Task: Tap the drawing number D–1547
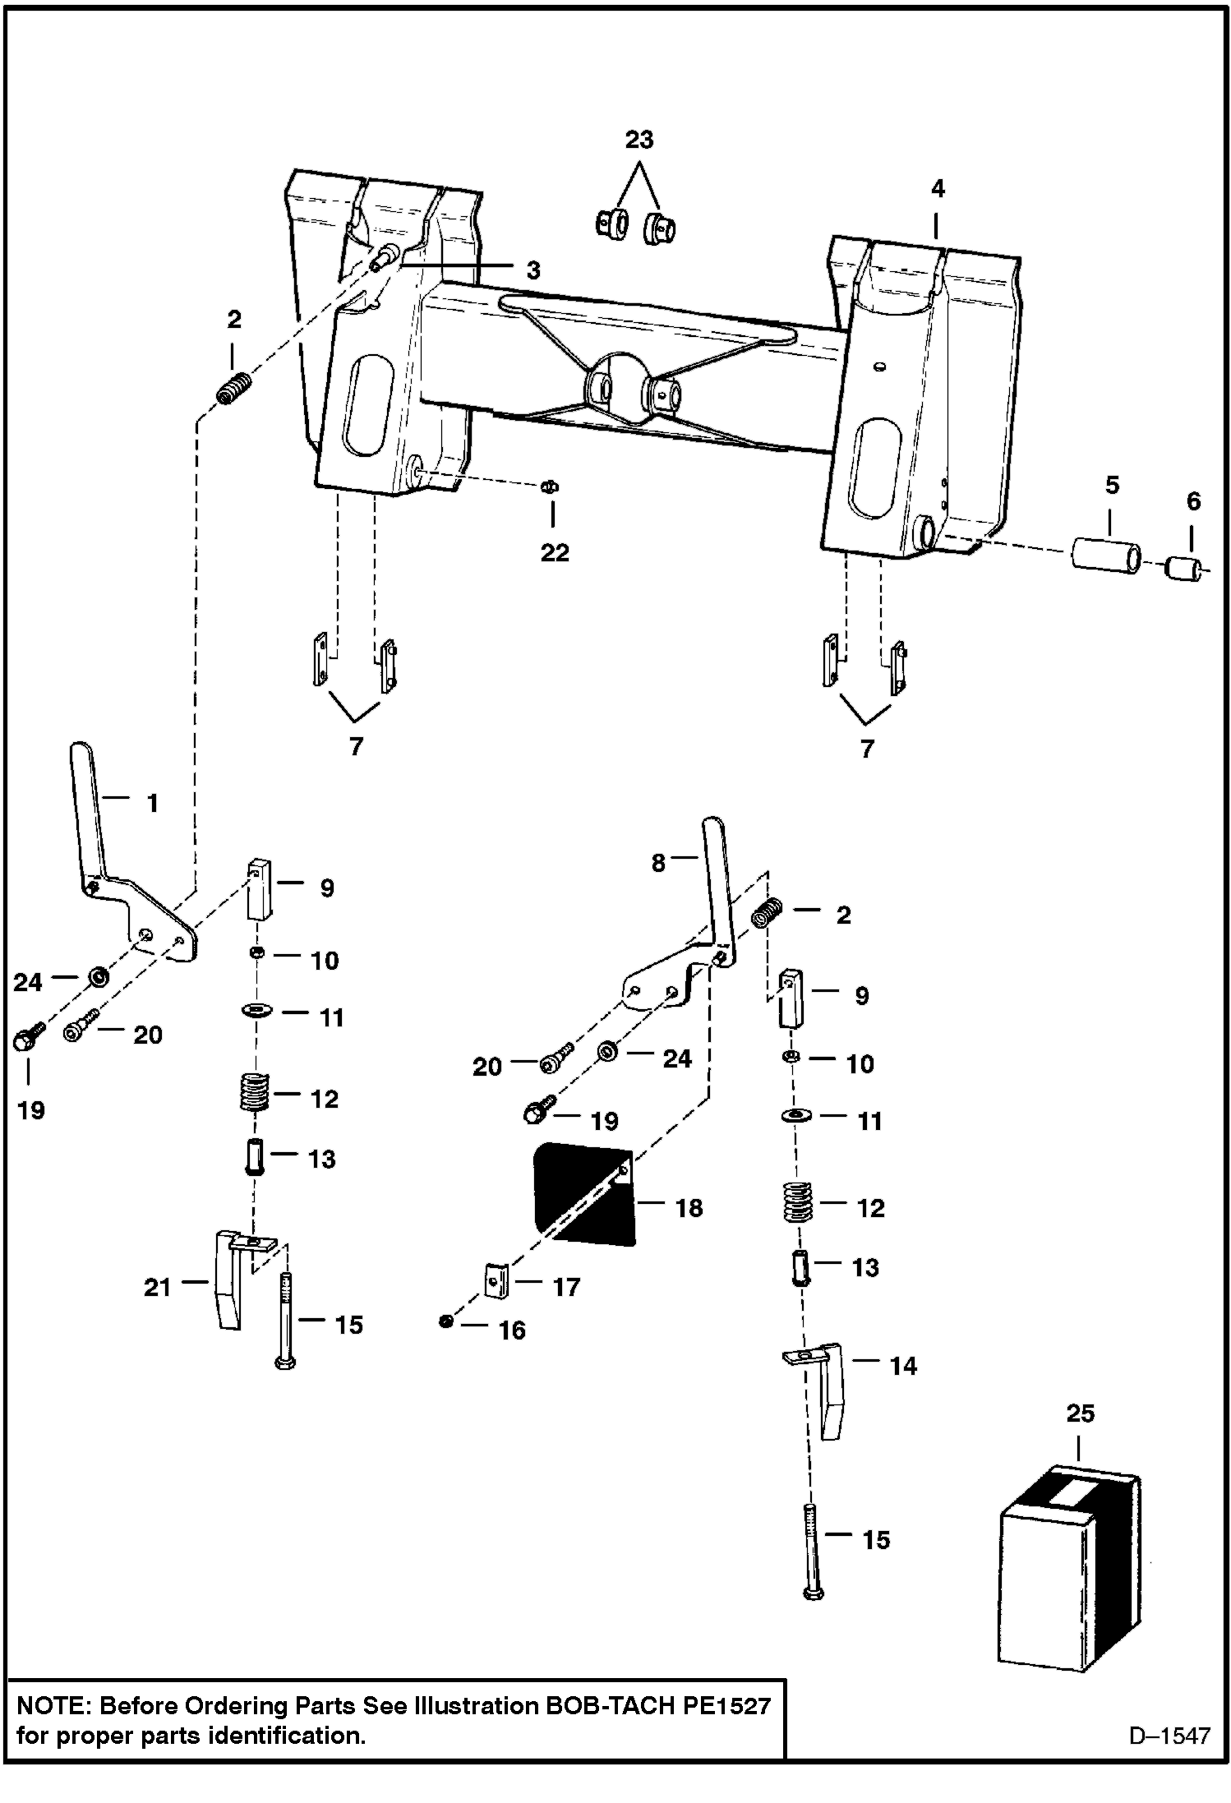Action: point(1169,1735)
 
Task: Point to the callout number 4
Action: point(938,189)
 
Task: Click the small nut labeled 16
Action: point(446,1321)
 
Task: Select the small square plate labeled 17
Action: point(496,1280)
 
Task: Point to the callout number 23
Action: point(639,140)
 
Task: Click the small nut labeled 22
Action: point(549,487)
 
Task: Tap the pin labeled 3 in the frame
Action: point(385,256)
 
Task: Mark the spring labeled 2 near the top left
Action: point(234,388)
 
